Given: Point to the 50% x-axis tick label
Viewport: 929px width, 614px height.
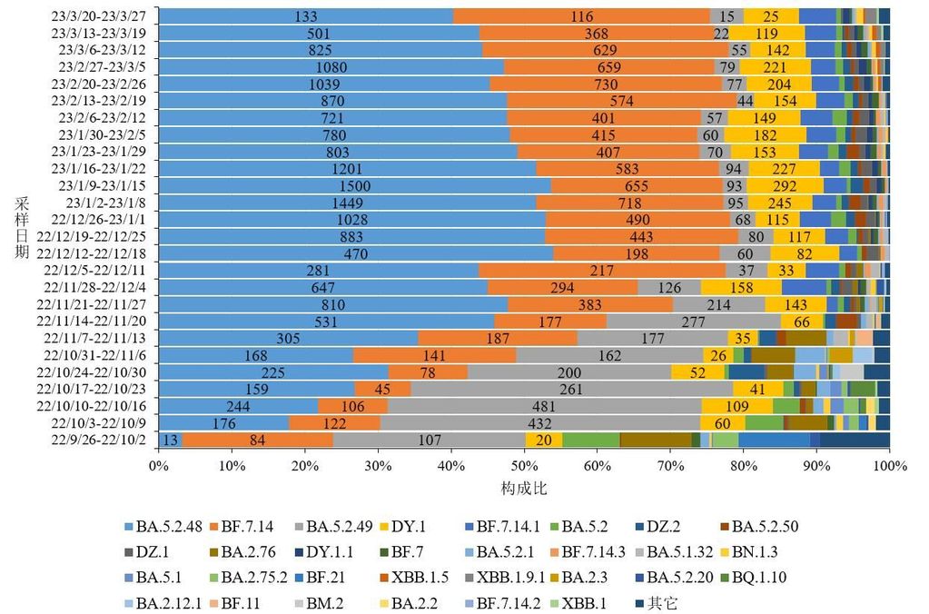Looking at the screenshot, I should pos(524,466).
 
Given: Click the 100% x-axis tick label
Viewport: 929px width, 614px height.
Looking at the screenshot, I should pos(889,466).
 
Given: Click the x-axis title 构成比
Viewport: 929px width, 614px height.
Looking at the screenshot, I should pos(523,488).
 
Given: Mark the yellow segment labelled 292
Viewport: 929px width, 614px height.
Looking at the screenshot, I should pos(785,185).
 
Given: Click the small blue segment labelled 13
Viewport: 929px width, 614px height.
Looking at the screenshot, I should pos(169,440).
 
